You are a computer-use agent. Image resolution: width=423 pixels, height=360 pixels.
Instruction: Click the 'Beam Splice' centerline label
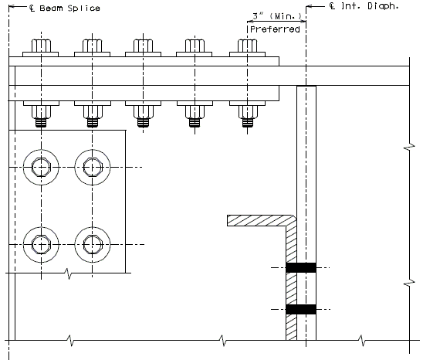click(x=65, y=8)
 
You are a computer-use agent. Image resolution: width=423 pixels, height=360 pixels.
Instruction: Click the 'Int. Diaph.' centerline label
click(x=364, y=6)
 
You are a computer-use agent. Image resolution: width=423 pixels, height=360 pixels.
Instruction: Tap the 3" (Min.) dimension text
click(x=277, y=16)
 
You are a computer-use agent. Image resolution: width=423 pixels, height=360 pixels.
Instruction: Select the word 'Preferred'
click(x=275, y=29)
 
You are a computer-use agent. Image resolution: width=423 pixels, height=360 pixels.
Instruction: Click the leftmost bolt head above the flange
click(x=41, y=46)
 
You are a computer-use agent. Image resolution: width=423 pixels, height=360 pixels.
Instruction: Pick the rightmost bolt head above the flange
click(x=247, y=46)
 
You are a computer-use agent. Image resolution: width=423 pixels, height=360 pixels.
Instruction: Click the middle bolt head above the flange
click(x=143, y=46)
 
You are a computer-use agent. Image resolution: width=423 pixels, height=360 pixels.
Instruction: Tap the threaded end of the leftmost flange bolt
click(x=41, y=123)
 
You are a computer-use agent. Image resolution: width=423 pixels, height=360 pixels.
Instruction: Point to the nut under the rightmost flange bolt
click(x=248, y=112)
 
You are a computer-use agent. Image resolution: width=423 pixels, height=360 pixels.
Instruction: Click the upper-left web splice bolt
click(x=41, y=167)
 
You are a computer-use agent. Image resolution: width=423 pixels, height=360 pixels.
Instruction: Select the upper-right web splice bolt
click(x=93, y=167)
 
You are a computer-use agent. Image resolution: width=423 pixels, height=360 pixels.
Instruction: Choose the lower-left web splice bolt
click(x=41, y=244)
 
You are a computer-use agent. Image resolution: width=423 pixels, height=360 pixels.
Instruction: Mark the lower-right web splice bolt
click(x=93, y=244)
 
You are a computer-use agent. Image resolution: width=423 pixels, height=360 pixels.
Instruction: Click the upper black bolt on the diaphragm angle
click(x=301, y=267)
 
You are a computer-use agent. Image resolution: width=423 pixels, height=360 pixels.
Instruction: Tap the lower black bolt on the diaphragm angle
click(x=301, y=309)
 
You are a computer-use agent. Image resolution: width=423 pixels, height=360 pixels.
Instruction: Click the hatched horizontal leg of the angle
click(x=260, y=220)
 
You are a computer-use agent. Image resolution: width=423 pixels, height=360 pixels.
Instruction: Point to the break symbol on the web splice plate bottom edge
click(x=69, y=273)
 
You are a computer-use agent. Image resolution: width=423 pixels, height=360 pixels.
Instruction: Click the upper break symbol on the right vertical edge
click(x=409, y=148)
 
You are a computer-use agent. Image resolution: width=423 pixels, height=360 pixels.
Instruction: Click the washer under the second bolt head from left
click(x=93, y=54)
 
